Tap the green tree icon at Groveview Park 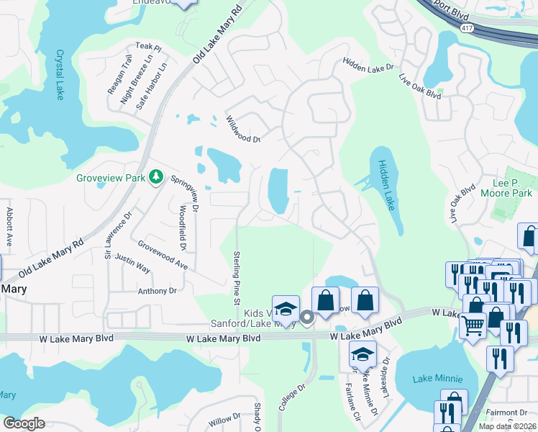pos(155,177)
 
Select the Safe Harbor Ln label pos(152,80)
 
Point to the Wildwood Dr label pos(242,129)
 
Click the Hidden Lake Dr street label pos(369,67)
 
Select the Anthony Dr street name pos(157,291)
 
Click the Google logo pos(24,423)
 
